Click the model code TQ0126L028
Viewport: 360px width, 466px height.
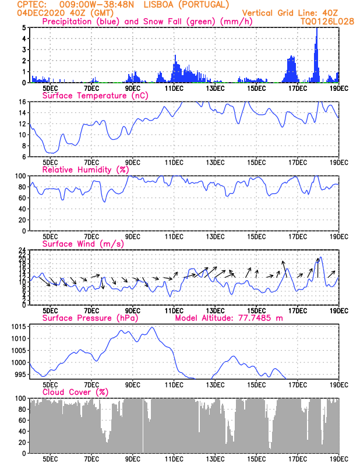pyautogui.click(x=327, y=22)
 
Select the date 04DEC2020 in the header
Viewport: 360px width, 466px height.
pyautogui.click(x=41, y=13)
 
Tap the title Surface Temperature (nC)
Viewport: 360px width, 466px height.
pyautogui.click(x=95, y=96)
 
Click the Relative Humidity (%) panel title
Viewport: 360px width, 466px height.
pyautogui.click(x=86, y=170)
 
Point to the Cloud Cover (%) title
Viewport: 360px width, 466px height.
pyautogui.click(x=75, y=392)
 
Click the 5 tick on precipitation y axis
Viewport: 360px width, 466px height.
pyautogui.click(x=24, y=27)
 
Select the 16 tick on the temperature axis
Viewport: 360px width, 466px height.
pyautogui.click(x=23, y=101)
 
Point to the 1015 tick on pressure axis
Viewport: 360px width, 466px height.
pyautogui.click(x=19, y=327)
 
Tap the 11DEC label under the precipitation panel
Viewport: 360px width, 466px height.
pyautogui.click(x=174, y=89)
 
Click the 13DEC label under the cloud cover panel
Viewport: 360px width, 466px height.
pyautogui.click(x=215, y=459)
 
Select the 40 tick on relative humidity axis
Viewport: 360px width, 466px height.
pyautogui.click(x=23, y=209)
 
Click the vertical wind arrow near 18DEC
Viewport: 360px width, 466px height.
pyautogui.click(x=318, y=268)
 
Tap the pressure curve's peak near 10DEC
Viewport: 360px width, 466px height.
pyautogui.click(x=152, y=327)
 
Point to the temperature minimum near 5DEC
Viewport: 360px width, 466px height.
pyautogui.click(x=51, y=153)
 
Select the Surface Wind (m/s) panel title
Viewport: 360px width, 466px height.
pyautogui.click(x=83, y=244)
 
